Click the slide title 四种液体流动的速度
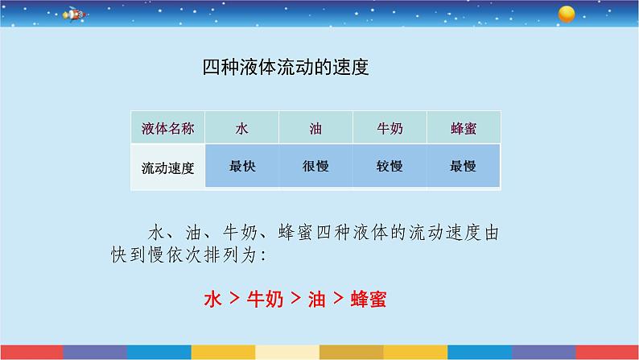(x=285, y=67)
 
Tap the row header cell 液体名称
(x=167, y=128)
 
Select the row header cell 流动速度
(x=167, y=168)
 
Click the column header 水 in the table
(x=242, y=128)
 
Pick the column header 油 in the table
(x=315, y=128)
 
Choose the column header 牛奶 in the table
(x=390, y=128)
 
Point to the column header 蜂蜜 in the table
(x=464, y=128)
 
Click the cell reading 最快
(x=242, y=167)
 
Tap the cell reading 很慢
(x=315, y=167)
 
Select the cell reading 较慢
(x=390, y=167)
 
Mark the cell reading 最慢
(x=464, y=167)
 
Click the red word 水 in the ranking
(x=212, y=300)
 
